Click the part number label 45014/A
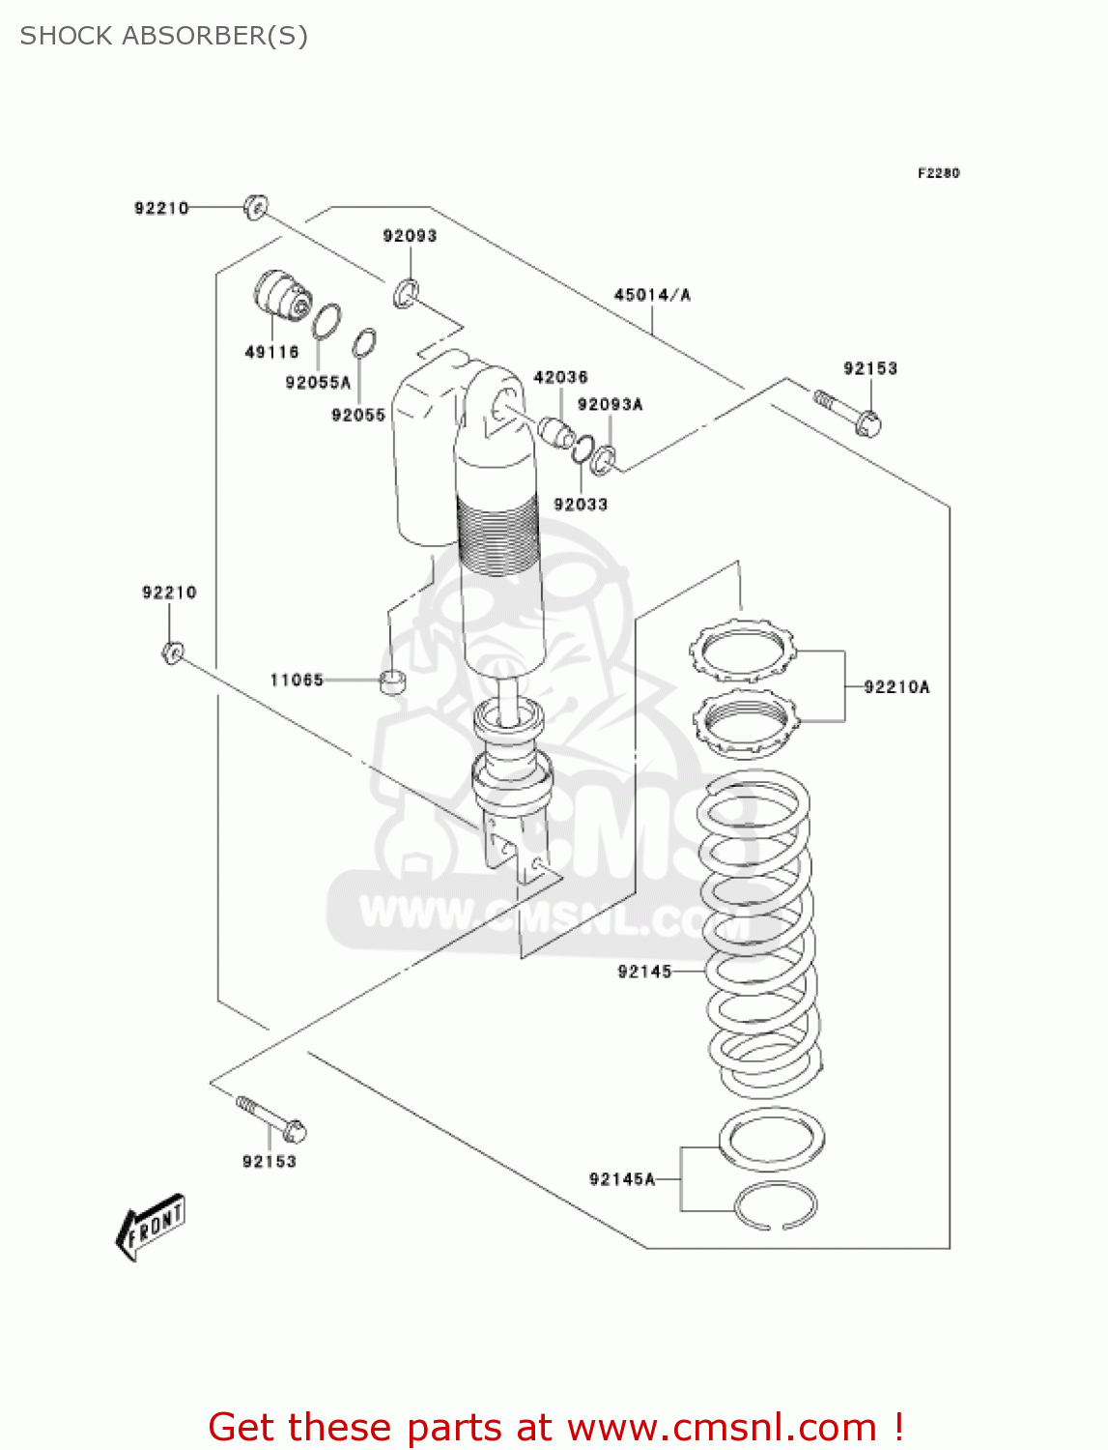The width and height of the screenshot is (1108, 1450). [x=652, y=295]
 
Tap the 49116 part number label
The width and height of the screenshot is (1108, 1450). [x=271, y=353]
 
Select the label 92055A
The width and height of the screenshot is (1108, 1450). [x=318, y=383]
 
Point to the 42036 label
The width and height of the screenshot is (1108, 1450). [x=560, y=377]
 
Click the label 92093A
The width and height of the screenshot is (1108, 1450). [x=610, y=405]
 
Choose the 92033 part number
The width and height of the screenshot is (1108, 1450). [x=581, y=505]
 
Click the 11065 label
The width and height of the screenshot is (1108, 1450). [x=297, y=681]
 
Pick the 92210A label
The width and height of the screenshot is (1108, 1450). [x=896, y=687]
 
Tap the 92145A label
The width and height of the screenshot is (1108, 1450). [x=622, y=1179]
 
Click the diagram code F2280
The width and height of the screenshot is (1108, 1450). [x=938, y=173]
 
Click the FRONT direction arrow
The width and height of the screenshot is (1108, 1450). [x=151, y=1227]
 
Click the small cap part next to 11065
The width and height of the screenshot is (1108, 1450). [x=392, y=681]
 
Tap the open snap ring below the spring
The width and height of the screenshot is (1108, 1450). [x=776, y=1206]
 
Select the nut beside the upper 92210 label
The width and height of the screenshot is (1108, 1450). [x=255, y=207]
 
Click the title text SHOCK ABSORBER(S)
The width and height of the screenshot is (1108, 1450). [x=164, y=36]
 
